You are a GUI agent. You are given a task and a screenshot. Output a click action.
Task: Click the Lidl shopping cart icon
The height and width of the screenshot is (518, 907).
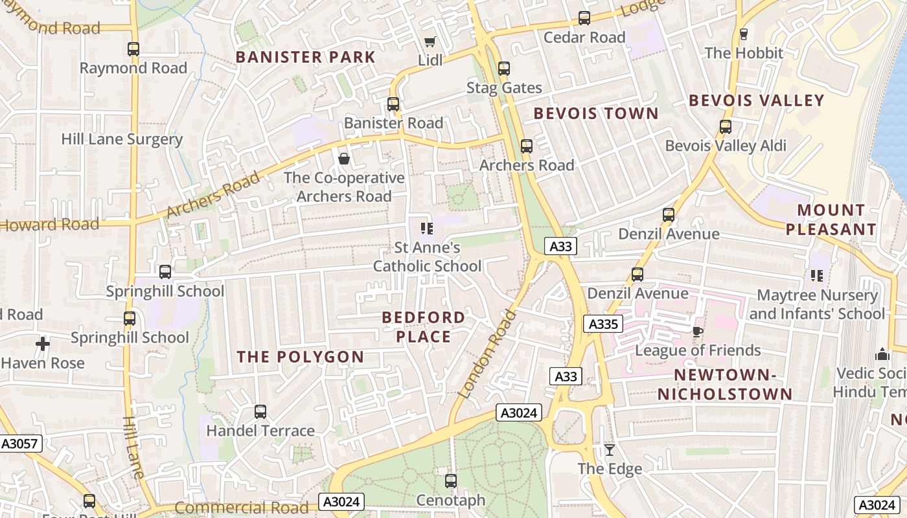tap(430, 41)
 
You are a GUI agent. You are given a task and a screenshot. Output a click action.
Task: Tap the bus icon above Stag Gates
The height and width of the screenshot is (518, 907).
tap(504, 68)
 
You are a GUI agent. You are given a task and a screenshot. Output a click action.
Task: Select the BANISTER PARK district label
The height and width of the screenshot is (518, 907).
tap(305, 57)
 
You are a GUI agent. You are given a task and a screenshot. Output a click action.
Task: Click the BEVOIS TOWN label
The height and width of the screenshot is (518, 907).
tap(595, 114)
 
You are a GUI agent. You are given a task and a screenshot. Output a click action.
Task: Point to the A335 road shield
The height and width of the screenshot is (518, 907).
tap(603, 324)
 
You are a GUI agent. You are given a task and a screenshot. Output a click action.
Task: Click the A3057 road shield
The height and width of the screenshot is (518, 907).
tap(20, 444)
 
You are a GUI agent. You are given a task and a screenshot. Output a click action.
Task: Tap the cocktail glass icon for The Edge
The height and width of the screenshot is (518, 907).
tap(610, 449)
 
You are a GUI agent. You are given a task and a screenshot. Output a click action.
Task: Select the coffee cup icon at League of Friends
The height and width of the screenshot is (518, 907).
tap(697, 332)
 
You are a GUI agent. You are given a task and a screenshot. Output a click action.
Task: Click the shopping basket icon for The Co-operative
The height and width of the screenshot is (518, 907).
tap(344, 159)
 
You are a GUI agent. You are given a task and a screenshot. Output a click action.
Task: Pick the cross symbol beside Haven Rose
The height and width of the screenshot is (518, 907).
tap(43, 344)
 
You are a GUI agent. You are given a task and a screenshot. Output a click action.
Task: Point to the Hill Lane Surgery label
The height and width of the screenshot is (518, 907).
tap(122, 139)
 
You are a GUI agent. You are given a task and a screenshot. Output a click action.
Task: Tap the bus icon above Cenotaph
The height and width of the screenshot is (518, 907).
tap(451, 481)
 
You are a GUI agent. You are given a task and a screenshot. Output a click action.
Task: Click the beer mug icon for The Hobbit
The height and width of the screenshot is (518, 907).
tap(743, 34)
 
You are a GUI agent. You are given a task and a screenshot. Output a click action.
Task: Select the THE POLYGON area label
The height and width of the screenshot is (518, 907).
tap(300, 357)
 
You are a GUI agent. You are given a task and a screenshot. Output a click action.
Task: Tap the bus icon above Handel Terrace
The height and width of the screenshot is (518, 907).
tap(260, 411)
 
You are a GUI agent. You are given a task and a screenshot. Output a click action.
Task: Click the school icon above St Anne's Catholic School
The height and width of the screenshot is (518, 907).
tap(426, 228)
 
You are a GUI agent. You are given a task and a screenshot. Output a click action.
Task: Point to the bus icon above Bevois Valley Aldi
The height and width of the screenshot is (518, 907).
tap(726, 127)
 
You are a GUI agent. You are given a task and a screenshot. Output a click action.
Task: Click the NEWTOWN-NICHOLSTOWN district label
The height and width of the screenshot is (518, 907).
tap(725, 385)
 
